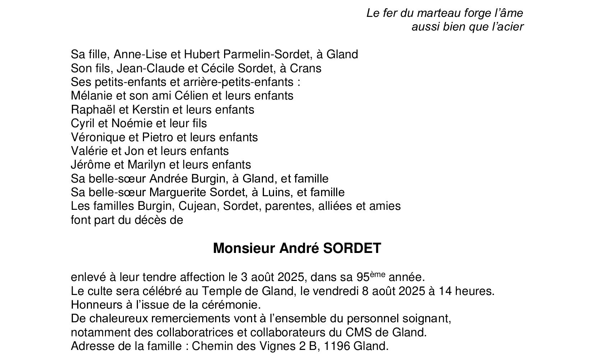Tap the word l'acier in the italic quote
click(x=506, y=27)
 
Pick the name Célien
click(x=191, y=96)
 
